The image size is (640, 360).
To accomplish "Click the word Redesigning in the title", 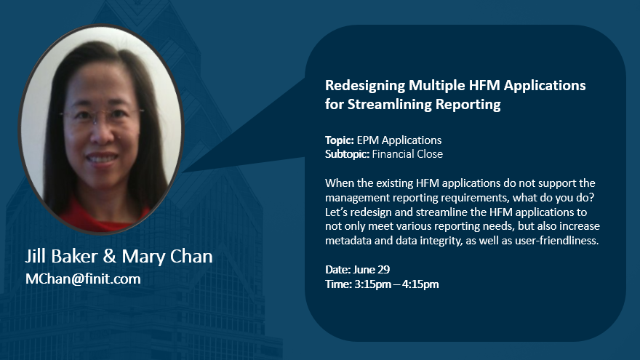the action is click(365, 86).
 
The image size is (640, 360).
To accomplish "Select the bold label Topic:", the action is click(340, 140).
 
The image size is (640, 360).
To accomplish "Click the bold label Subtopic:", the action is click(348, 154).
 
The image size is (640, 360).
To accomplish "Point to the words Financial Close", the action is click(407, 154).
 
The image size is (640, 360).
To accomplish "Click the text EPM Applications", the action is click(399, 140).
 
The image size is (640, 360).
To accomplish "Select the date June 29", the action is click(372, 270).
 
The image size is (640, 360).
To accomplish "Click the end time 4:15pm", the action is click(420, 284).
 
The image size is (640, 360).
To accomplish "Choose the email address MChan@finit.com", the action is click(83, 279).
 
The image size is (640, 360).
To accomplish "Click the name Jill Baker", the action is click(61, 256).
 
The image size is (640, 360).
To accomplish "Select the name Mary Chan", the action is click(167, 256).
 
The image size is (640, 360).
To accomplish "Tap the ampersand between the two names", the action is click(109, 256).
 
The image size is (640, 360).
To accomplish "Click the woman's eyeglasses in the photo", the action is click(102, 115).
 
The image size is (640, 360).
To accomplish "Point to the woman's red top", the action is click(102, 215).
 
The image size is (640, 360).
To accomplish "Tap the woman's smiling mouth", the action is click(102, 158).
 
